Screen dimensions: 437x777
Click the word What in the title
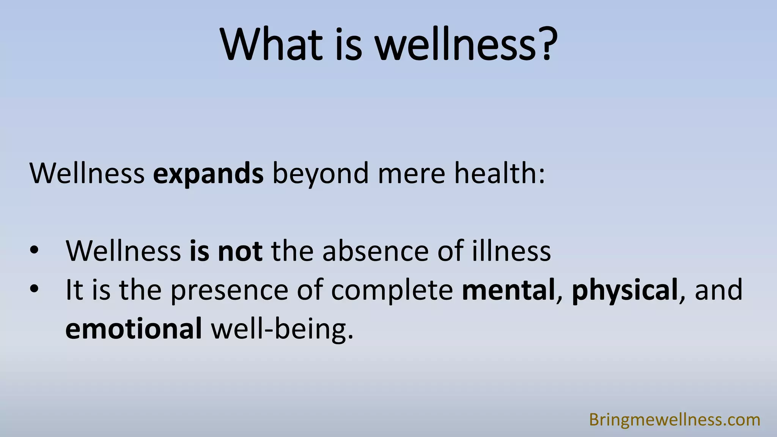(271, 44)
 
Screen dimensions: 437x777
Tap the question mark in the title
(547, 44)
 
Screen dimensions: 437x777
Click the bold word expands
(208, 174)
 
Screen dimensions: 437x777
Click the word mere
(411, 174)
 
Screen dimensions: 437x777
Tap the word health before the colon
(495, 173)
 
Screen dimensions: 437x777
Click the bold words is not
(226, 251)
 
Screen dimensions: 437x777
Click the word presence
(229, 291)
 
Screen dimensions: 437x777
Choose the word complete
(392, 291)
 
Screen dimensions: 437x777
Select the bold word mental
(508, 290)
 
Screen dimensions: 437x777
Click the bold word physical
(624, 291)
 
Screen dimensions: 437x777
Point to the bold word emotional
(134, 329)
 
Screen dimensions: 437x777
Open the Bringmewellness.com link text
(675, 420)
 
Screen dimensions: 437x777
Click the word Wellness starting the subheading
(87, 174)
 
